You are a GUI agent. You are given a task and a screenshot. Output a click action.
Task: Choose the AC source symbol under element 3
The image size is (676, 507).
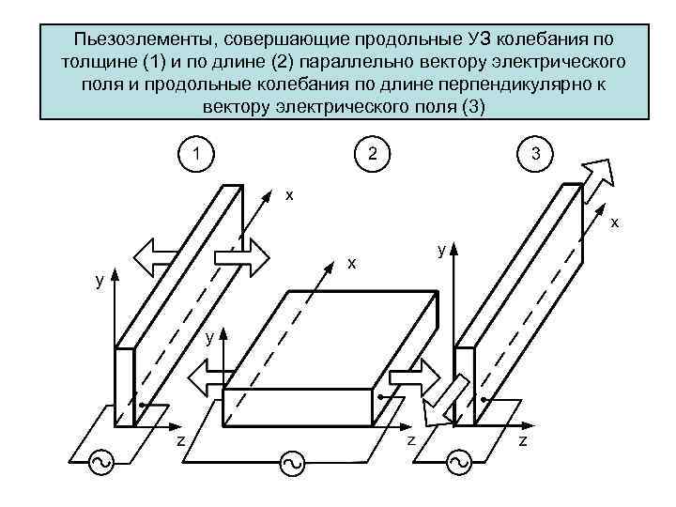pos(459,462)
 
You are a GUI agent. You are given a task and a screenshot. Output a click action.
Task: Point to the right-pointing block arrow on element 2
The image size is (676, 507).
pos(408,378)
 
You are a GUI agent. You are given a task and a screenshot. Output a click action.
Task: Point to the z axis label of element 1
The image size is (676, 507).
pos(181,442)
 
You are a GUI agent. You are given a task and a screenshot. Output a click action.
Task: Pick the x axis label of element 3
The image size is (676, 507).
pos(614,223)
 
